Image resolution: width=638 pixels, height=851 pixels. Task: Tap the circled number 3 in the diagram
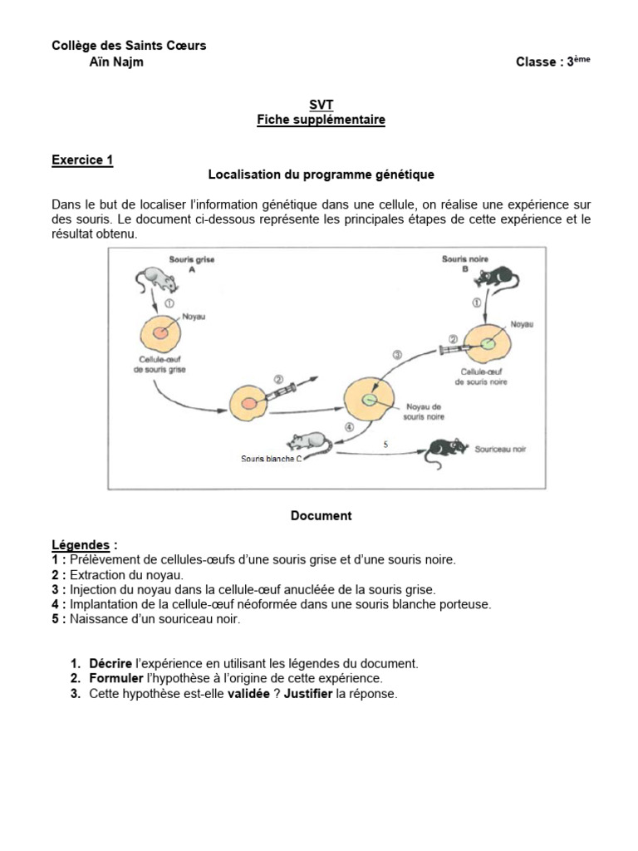[x=396, y=354]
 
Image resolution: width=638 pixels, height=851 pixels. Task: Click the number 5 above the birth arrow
[x=385, y=445]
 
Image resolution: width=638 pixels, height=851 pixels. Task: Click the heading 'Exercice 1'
[x=82, y=160]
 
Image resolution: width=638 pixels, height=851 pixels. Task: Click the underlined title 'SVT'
[x=321, y=105]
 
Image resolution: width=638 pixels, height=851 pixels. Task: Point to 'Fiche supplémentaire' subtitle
[x=321, y=120]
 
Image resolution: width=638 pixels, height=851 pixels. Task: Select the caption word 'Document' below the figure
[x=321, y=515]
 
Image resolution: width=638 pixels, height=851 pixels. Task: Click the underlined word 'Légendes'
[x=81, y=545]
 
